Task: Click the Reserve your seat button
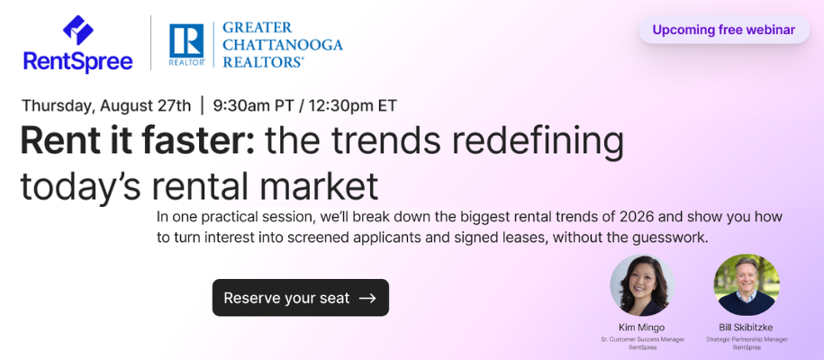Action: pos(301,298)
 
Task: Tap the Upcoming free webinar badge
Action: pos(724,30)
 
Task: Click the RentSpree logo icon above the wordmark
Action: pos(78,30)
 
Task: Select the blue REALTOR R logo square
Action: pos(186,41)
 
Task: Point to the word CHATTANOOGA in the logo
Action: pos(283,44)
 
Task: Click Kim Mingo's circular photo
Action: pos(642,285)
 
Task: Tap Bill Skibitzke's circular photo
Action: pos(747,285)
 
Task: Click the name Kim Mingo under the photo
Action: pos(642,328)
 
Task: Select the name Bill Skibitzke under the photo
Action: pos(747,328)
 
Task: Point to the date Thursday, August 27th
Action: pos(106,105)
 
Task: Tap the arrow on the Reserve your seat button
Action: pos(367,298)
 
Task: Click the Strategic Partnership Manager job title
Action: pos(747,339)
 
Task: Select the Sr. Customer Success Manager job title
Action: pos(643,339)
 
